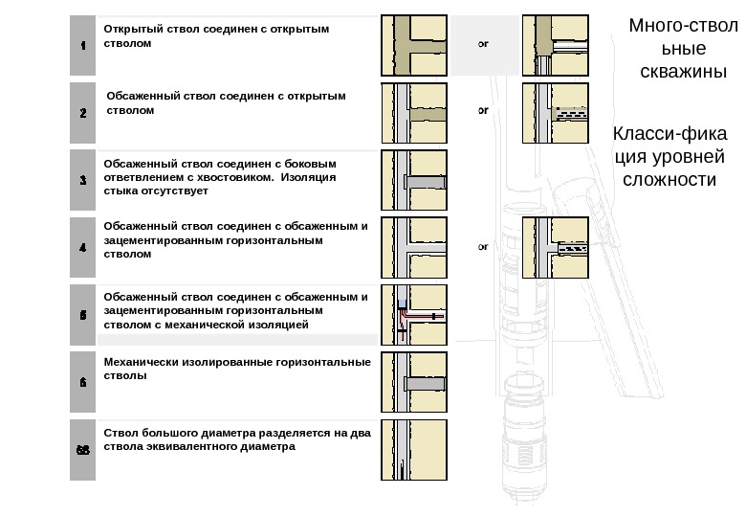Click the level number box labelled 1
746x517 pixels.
(x=82, y=45)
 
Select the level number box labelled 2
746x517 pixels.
(x=82, y=112)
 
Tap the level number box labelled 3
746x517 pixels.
(x=82, y=179)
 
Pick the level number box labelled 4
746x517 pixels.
(x=82, y=246)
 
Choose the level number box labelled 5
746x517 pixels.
(x=82, y=313)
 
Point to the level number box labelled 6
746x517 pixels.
(x=82, y=381)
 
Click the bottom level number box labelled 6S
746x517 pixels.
(x=82, y=448)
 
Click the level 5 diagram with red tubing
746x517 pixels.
(x=415, y=313)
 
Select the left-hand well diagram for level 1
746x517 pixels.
(x=415, y=45)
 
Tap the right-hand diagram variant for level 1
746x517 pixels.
(x=556, y=45)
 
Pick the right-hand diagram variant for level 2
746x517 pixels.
(x=556, y=112)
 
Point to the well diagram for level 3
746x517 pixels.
(x=415, y=179)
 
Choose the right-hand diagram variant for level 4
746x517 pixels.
(x=556, y=247)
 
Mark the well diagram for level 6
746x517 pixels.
(x=415, y=381)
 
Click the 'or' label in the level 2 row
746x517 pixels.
(x=483, y=110)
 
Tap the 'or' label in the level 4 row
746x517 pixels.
(x=483, y=246)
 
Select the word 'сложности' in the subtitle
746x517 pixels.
(x=669, y=179)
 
